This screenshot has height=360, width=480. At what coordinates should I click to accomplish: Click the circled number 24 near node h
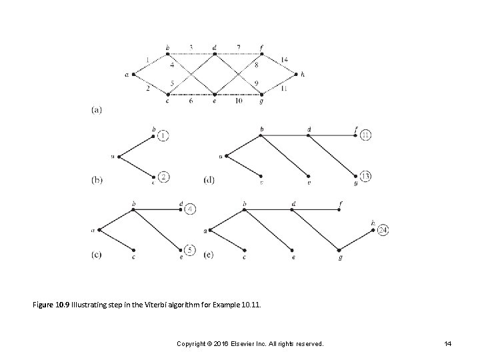[383, 231]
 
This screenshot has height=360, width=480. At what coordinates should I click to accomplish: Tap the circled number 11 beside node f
[366, 136]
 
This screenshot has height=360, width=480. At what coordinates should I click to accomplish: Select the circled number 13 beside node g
[366, 176]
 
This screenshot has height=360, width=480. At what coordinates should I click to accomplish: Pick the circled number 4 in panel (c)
[191, 209]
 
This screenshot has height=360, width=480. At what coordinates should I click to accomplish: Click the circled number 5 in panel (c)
[191, 250]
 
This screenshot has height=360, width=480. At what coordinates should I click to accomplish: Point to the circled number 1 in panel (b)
[164, 136]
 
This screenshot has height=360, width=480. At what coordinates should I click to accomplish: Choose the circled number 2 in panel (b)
[164, 177]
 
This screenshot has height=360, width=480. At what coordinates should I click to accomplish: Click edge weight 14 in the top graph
[285, 60]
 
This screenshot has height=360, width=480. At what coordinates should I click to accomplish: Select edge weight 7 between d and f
[238, 47]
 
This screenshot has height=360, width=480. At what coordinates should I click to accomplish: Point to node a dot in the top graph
[132, 74]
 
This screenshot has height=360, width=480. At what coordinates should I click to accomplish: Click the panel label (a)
[97, 110]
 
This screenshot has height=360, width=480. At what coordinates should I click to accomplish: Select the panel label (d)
[209, 179]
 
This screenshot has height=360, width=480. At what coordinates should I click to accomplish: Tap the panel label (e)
[209, 253]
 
